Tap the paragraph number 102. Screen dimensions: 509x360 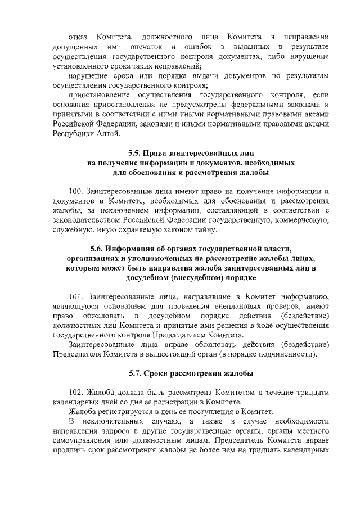coord(76,392)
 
